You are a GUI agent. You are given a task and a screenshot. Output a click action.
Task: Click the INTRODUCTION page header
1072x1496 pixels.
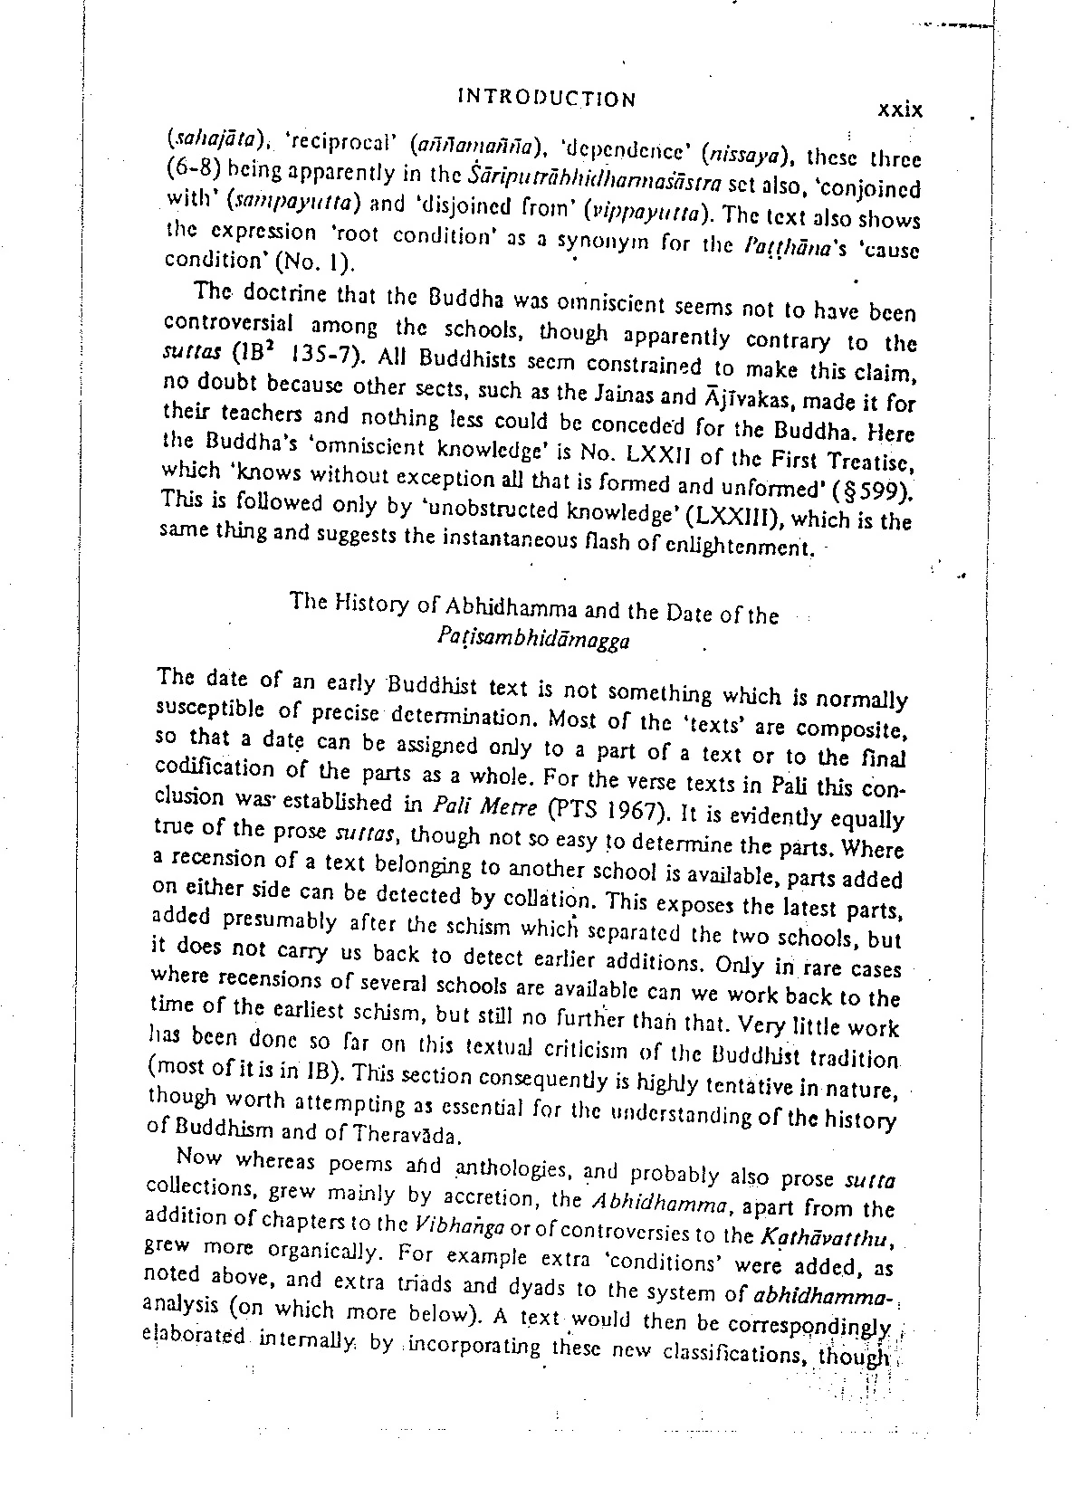pyautogui.click(x=547, y=99)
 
